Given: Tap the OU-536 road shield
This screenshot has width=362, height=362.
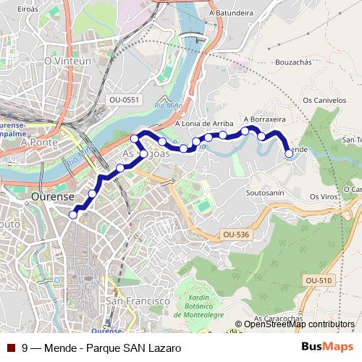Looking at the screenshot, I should (235, 235).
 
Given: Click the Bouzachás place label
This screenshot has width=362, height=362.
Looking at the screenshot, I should (292, 63).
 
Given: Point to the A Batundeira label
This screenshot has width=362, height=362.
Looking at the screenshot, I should (231, 12).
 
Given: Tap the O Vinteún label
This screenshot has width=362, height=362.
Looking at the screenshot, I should (67, 62).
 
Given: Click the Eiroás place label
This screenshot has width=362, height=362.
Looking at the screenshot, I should (27, 9).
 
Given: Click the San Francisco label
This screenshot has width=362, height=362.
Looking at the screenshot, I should (138, 300).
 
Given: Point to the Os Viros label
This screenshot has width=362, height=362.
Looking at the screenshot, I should (324, 196).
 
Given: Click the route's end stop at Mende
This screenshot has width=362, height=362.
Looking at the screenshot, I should (289, 153).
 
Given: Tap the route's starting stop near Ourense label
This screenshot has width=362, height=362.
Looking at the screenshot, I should (73, 214).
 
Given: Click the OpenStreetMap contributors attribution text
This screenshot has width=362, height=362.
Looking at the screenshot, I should (299, 325).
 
